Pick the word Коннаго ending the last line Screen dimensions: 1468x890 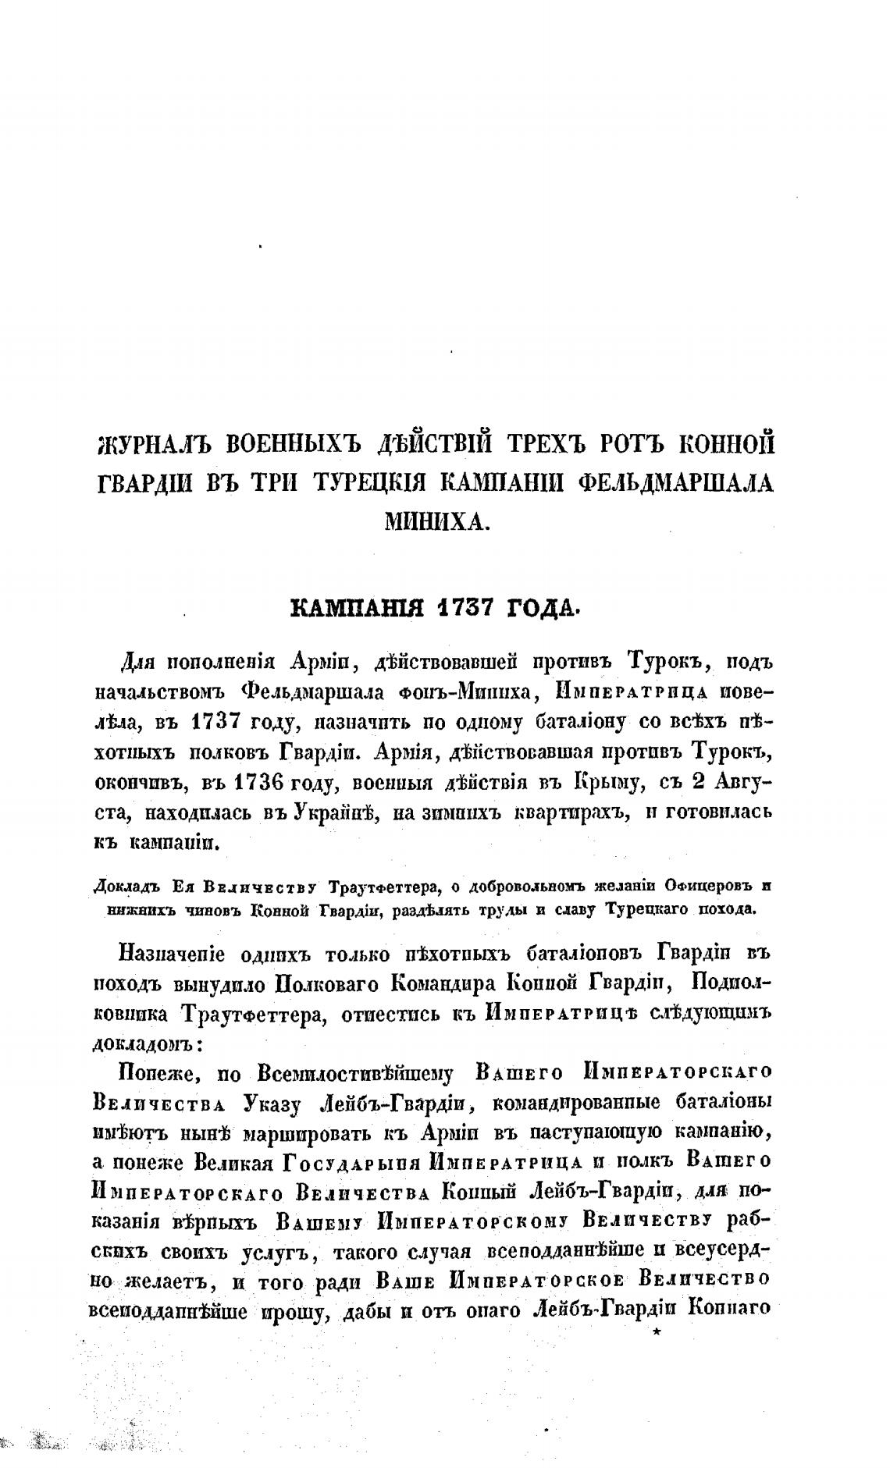730,1309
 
